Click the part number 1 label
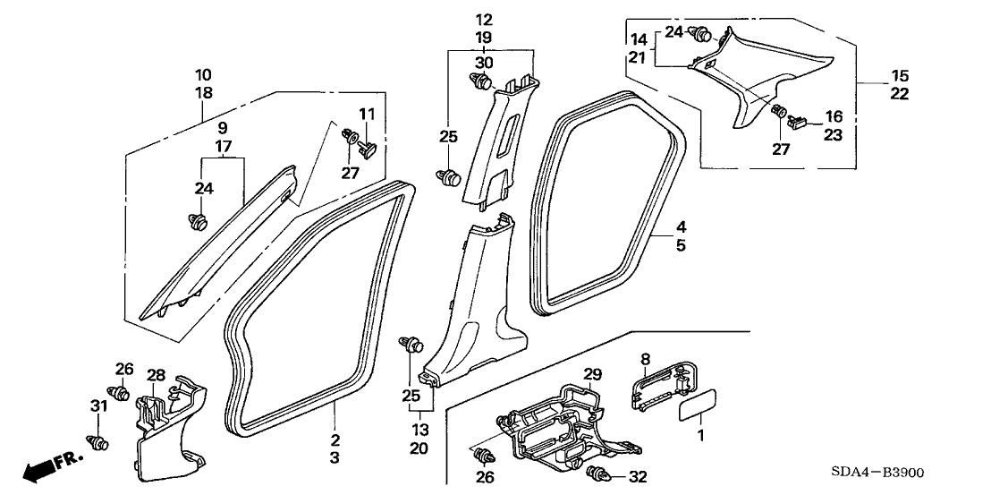700,435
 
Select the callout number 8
644,360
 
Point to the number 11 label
368,115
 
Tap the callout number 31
98,406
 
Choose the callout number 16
834,116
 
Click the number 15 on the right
899,75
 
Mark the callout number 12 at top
484,20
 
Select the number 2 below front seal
335,440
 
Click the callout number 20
419,448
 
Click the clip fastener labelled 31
98,441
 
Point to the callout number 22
899,94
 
